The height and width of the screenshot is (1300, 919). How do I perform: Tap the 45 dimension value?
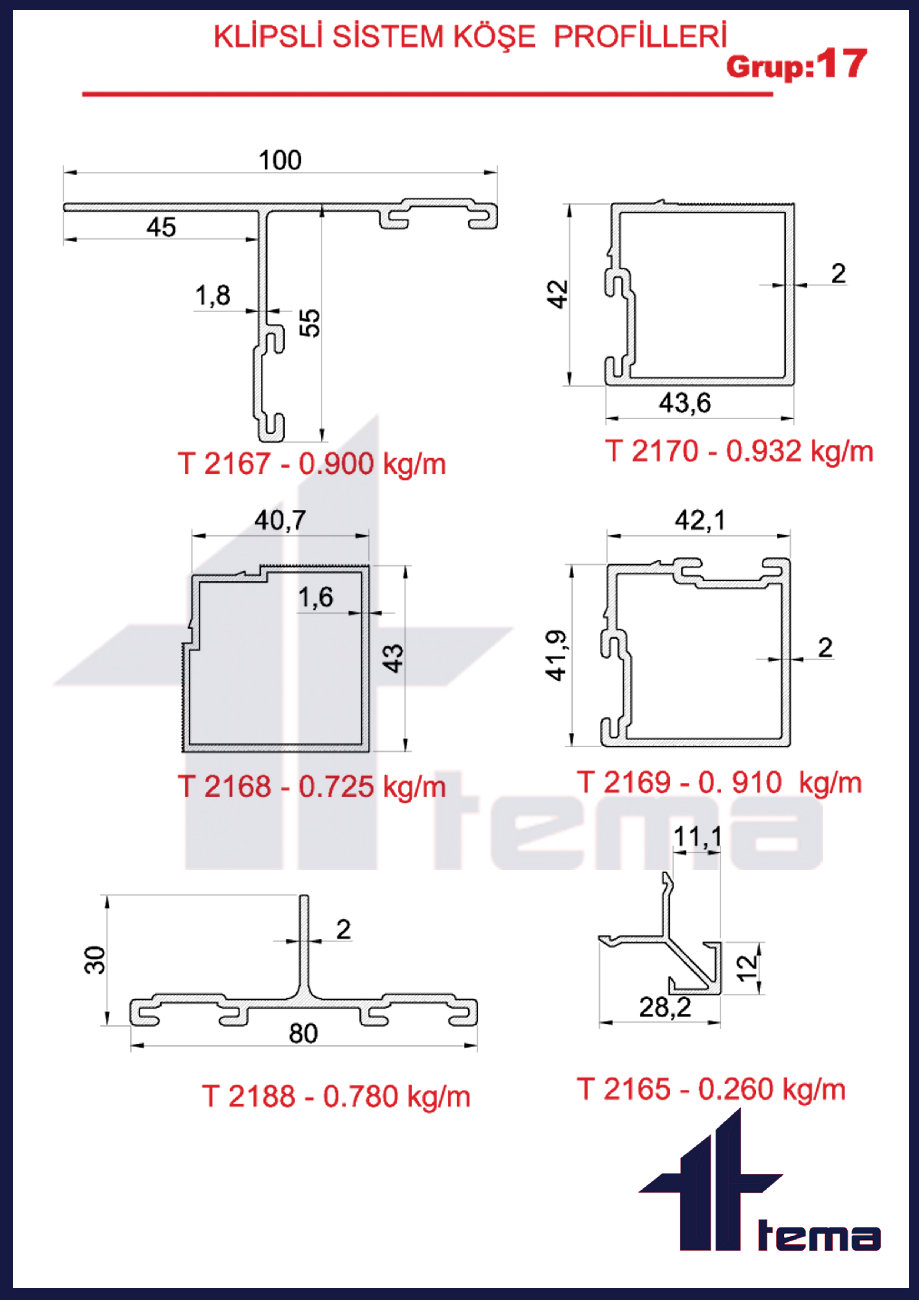(x=161, y=228)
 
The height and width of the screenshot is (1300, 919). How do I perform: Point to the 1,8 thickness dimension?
(x=213, y=296)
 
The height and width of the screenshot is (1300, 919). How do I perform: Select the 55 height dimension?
(x=309, y=323)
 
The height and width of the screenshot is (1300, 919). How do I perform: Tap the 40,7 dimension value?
(x=280, y=520)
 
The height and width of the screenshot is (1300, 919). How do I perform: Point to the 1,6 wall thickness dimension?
(x=316, y=597)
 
